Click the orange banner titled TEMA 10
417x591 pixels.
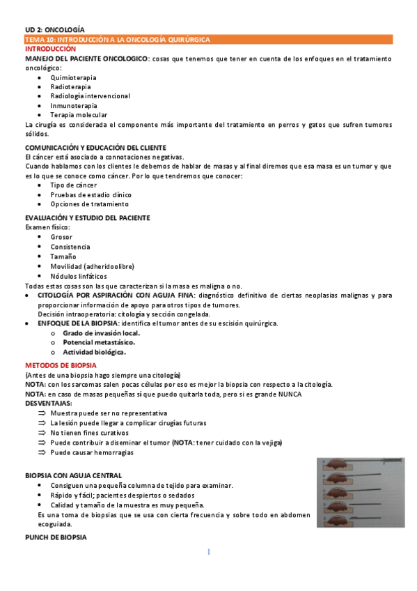[209, 40]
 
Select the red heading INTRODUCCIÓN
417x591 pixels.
[51, 49]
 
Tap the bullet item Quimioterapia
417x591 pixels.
[74, 77]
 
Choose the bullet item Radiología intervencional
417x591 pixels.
[90, 96]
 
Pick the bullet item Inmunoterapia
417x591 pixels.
[74, 105]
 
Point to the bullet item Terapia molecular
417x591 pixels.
[79, 114]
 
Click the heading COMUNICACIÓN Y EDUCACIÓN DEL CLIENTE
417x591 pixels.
[95, 148]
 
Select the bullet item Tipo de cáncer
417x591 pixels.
[74, 185]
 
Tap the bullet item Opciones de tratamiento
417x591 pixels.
[89, 204]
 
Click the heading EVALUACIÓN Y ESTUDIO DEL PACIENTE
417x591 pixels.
[88, 218]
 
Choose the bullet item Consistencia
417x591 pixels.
[70, 247]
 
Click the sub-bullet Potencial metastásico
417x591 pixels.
[99, 342]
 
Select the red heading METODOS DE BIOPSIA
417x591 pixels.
[61, 366]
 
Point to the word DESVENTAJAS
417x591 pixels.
[48, 404]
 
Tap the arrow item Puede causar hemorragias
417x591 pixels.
[92, 452]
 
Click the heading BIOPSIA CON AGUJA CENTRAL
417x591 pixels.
[74, 475]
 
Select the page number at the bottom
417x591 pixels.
[208, 552]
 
